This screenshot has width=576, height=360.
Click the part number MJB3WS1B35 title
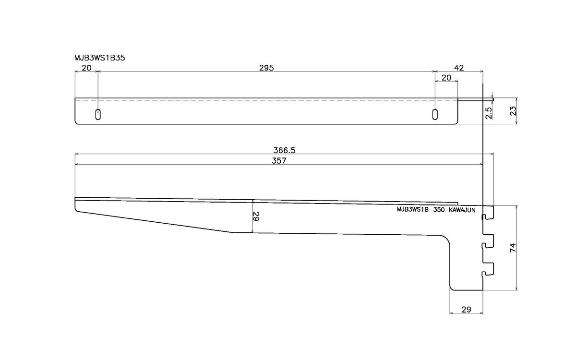(100, 57)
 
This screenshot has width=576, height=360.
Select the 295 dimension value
(266, 68)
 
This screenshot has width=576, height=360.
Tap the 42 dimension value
(459, 68)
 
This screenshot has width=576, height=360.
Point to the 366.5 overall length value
(285, 150)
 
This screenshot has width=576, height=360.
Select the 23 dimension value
(513, 111)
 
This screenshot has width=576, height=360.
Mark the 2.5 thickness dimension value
(489, 113)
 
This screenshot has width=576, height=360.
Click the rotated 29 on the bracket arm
(255, 217)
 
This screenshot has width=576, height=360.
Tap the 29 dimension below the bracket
(466, 310)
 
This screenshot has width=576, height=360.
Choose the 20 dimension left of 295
(86, 68)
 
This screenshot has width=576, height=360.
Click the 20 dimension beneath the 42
(446, 77)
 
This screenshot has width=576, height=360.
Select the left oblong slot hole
(98, 114)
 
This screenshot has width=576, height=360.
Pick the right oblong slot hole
(435, 114)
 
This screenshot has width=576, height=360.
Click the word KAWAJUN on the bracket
(462, 210)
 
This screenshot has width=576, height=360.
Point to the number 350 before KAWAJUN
(439, 210)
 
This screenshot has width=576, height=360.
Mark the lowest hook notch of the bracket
(488, 270)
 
